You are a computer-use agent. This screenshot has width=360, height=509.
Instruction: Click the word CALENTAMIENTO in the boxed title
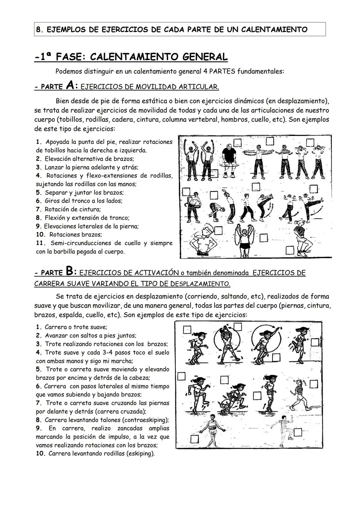[274, 30]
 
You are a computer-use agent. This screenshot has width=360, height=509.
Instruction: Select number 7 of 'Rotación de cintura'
[38, 209]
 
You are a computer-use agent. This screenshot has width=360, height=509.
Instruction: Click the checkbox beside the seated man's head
[237, 143]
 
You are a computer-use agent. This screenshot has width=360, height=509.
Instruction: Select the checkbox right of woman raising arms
[264, 238]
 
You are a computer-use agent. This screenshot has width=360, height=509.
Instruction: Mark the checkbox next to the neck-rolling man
[218, 230]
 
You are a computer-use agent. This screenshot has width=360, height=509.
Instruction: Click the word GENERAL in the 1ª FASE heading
[205, 57]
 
